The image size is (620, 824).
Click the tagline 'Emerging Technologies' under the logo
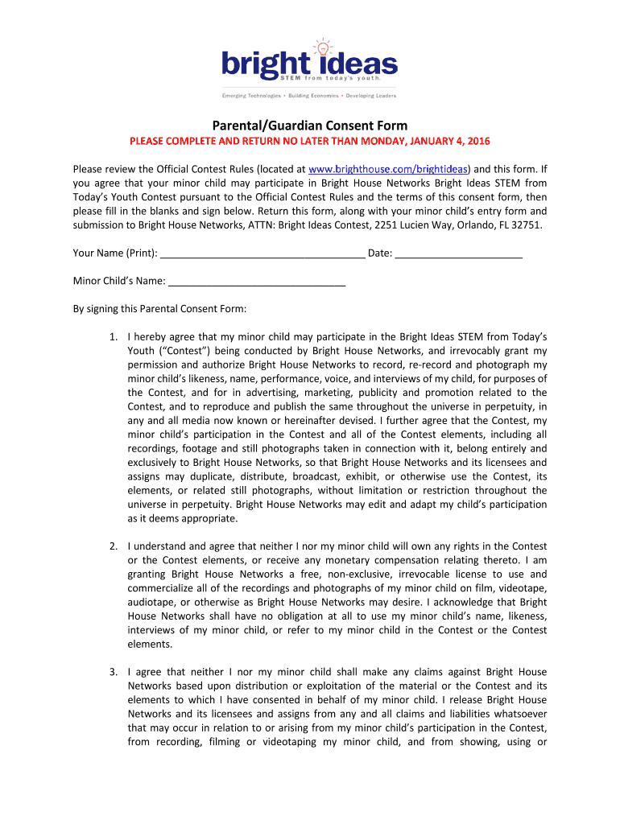pos(252,96)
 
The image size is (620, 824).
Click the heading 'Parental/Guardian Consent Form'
pos(309,126)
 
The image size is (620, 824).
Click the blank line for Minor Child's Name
pos(257,282)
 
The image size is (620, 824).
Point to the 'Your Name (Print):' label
pos(115,253)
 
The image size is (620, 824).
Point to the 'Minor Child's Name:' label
pos(119,282)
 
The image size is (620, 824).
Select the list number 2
pos(115,546)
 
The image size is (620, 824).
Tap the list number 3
pos(115,672)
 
